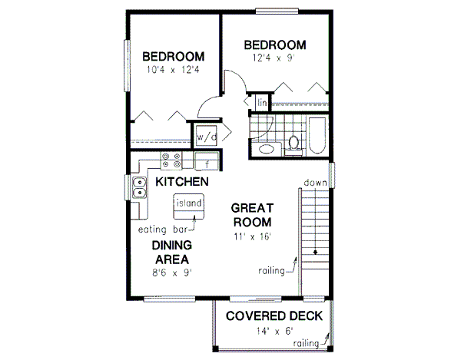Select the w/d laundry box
point(207,137)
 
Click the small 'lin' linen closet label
point(261,102)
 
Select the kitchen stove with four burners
point(171,160)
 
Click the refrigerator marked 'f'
point(206,161)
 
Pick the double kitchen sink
point(139,186)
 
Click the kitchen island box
point(188,204)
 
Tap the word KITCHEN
point(182,183)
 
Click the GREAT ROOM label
point(254,215)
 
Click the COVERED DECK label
point(274,317)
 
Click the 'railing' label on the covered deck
point(307,344)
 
